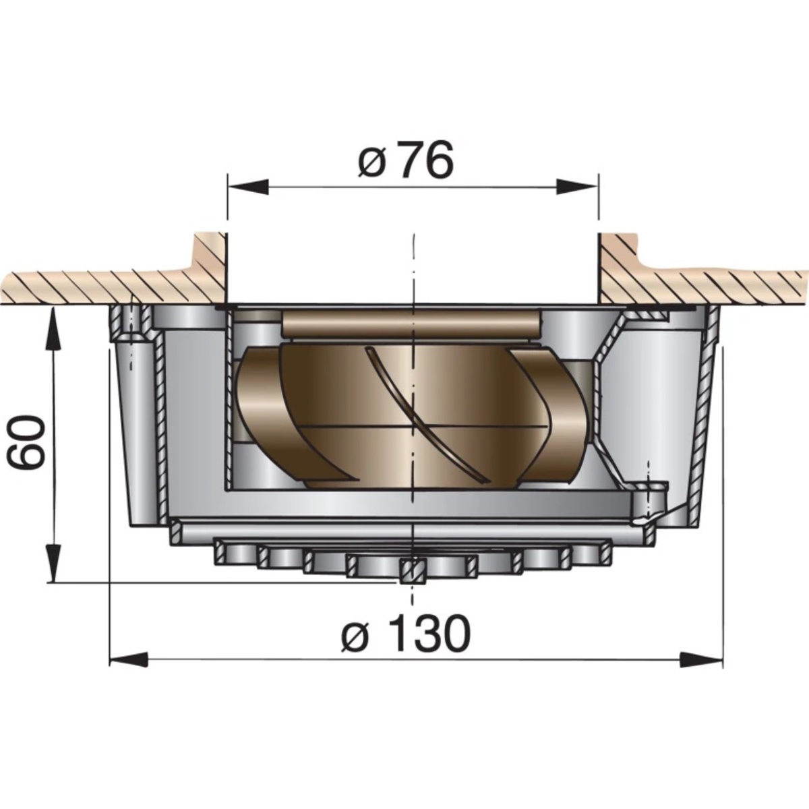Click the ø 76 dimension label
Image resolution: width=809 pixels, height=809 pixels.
tap(406, 159)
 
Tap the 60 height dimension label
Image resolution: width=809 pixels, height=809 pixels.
tap(27, 442)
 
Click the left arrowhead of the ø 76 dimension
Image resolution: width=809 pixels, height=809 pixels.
tap(247, 186)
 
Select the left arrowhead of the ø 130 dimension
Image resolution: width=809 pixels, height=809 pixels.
tap(129, 670)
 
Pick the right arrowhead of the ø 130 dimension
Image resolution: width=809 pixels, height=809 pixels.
tap(700, 670)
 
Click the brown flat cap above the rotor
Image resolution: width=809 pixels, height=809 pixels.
tap(410, 325)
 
